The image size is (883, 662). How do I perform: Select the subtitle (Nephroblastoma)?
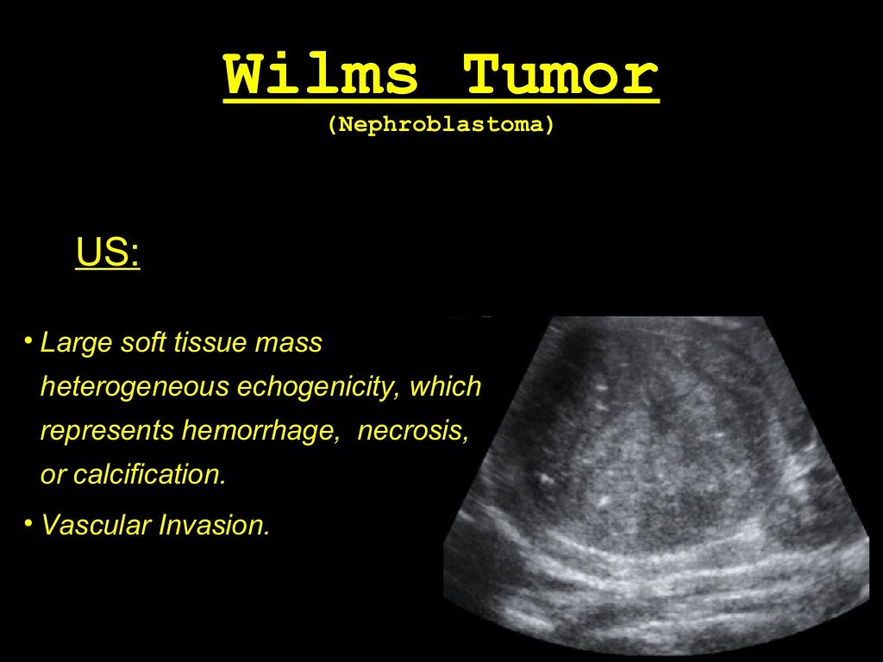441,124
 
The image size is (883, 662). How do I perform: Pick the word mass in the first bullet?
289,343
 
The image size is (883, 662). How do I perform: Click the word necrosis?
413,431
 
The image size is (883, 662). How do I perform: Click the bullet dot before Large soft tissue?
28,342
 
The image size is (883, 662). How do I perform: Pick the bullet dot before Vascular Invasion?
28,523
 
